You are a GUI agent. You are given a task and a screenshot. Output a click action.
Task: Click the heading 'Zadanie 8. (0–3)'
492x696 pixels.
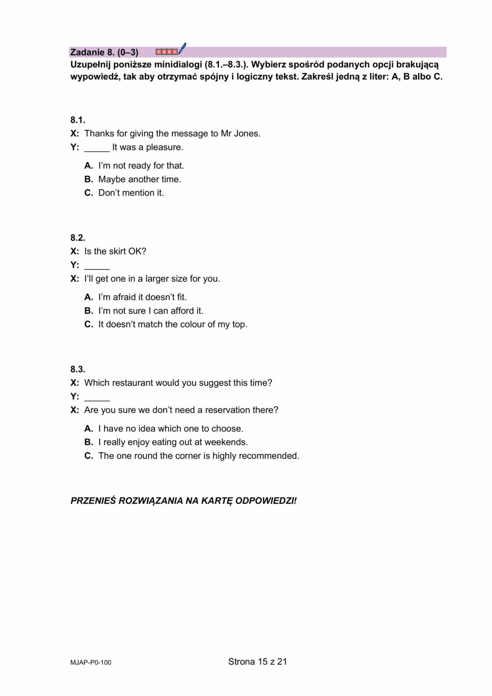[x=104, y=52]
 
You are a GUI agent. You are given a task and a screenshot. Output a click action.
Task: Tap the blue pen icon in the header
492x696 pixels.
[x=182, y=48]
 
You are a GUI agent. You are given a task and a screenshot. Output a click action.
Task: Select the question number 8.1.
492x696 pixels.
[x=77, y=120]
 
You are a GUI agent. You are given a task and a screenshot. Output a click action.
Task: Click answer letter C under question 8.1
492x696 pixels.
[x=88, y=193]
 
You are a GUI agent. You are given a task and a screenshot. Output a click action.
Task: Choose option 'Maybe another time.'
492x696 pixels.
[x=140, y=179]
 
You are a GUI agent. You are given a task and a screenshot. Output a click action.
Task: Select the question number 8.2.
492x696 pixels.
[x=77, y=238]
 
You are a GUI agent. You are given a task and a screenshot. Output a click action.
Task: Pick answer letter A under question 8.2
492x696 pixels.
[x=88, y=297]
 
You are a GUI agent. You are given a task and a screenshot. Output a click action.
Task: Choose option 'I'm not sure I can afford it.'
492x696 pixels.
[x=150, y=311]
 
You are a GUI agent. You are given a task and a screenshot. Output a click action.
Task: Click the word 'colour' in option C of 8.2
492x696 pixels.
[x=194, y=324]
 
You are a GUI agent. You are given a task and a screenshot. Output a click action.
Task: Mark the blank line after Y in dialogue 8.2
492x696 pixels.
[x=96, y=266]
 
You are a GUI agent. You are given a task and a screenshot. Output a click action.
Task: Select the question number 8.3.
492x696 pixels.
[x=77, y=369]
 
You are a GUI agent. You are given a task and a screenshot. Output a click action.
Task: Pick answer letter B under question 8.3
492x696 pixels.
[x=88, y=442]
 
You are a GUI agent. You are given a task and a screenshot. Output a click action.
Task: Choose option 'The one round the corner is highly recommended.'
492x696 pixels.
[x=198, y=456]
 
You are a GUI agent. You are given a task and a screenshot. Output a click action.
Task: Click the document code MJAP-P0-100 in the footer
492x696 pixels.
[x=91, y=662]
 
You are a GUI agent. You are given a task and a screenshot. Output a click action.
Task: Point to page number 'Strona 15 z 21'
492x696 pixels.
[x=257, y=662]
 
